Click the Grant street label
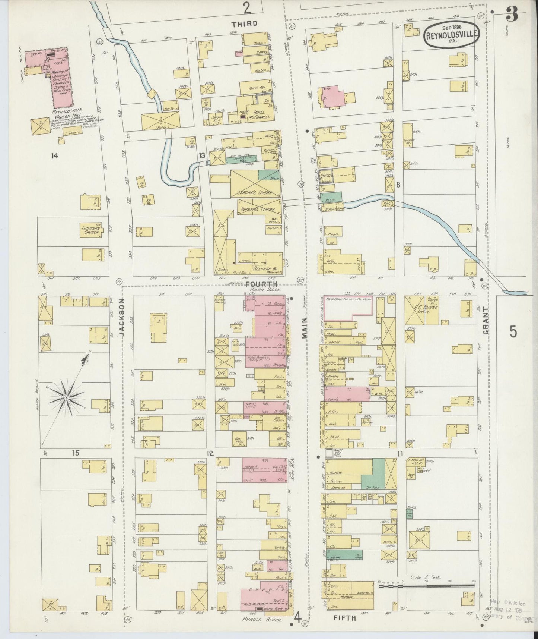pos(486,319)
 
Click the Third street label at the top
pos(244,24)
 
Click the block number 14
pos(55,156)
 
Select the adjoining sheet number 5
pos(513,331)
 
